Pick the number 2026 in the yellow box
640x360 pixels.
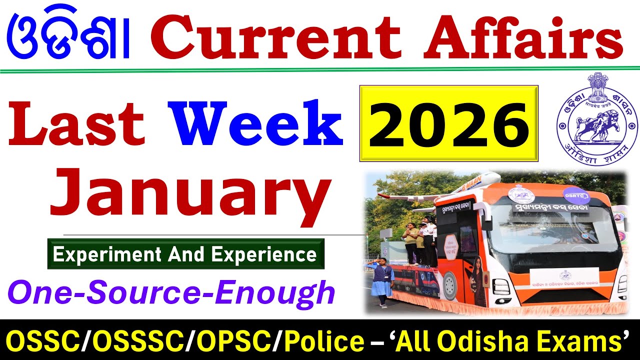click(x=448, y=123)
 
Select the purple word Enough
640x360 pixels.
click(x=291, y=292)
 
